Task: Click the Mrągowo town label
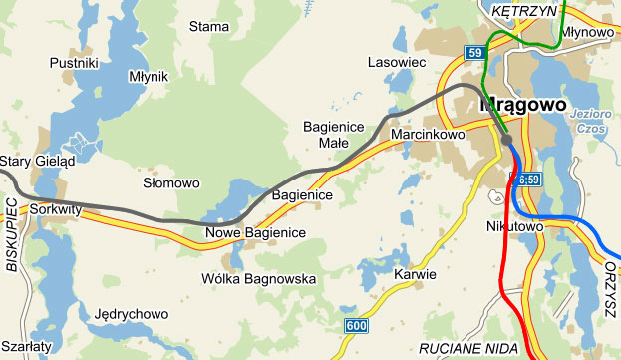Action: tap(523, 104)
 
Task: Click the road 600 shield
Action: tap(356, 326)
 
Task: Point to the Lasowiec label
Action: tap(396, 61)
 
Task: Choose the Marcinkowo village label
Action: tap(430, 133)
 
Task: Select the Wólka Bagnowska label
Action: tap(258, 278)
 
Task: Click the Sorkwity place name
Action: tap(54, 210)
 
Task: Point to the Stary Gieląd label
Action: tap(37, 161)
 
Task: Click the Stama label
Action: tap(209, 26)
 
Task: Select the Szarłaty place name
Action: tap(26, 345)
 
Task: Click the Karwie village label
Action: tap(415, 274)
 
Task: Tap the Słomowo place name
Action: tap(171, 183)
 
